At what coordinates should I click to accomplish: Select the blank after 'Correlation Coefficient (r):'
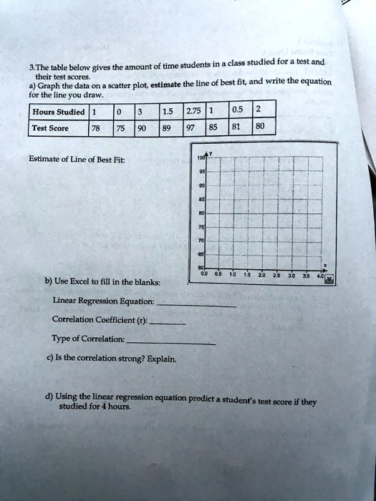(x=170, y=322)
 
